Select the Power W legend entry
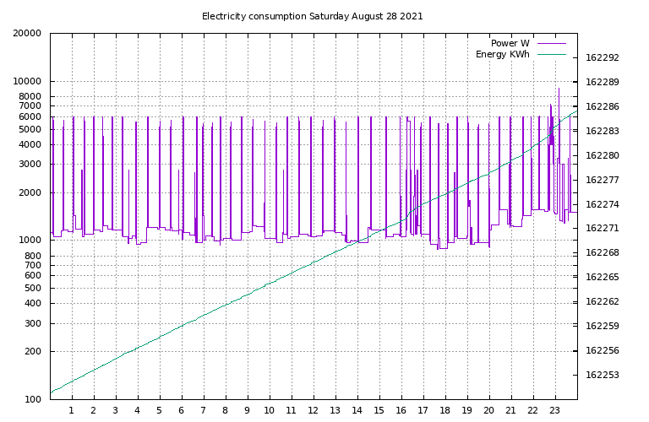coord(510,43)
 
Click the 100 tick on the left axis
coord(31,399)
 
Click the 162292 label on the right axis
coord(603,58)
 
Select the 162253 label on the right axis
coord(603,375)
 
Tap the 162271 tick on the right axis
coord(603,229)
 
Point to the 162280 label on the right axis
coord(603,156)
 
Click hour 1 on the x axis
coord(72,411)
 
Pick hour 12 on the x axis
coord(314,411)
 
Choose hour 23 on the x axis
coord(555,411)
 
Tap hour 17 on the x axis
coord(423,411)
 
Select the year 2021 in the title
coord(412,16)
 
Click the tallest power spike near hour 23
coord(559,89)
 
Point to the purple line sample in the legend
coord(552,43)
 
